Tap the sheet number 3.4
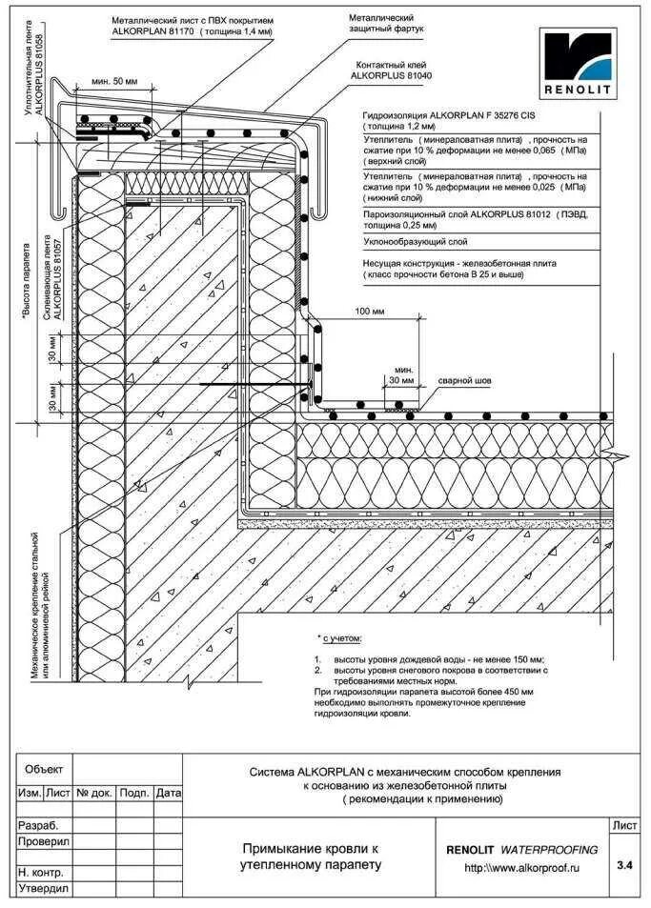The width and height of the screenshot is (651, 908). point(624,865)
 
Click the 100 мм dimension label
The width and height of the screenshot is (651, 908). point(371,312)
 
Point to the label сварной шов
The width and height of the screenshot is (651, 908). point(464,381)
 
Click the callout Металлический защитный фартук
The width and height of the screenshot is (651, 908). point(387,24)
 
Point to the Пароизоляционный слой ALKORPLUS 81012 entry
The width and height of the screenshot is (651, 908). point(475,215)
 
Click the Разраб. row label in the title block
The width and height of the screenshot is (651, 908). point(39,825)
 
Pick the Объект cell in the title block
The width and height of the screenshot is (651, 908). point(44,769)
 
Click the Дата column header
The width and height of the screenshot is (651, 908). point(168,793)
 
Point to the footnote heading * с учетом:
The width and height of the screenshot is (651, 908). point(341,637)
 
